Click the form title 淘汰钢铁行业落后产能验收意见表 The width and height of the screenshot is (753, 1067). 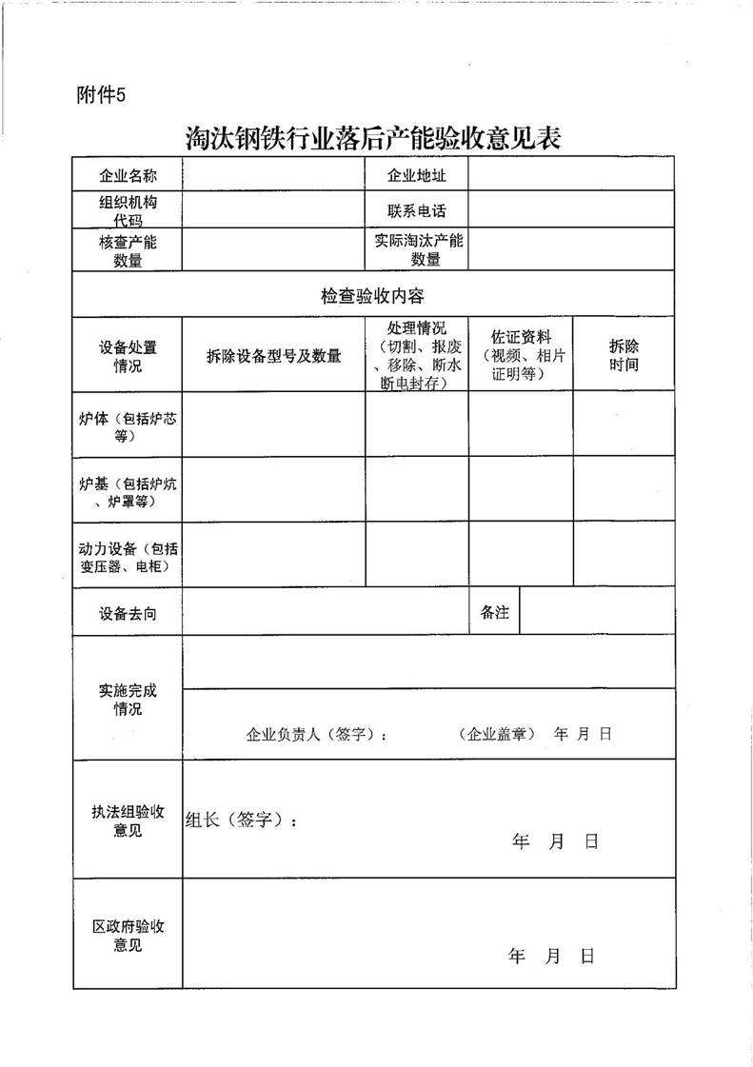tap(373, 139)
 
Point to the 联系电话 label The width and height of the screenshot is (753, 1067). tap(416, 211)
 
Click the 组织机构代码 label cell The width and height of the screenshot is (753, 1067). tap(128, 211)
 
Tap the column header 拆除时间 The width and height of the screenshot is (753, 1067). tap(624, 356)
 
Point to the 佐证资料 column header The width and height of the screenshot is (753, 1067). tap(520, 355)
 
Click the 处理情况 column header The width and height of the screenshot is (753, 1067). tap(417, 355)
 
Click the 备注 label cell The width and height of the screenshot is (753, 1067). tap(495, 613)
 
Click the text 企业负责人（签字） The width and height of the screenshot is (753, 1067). tap(317, 735)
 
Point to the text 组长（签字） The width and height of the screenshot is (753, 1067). tap(242, 820)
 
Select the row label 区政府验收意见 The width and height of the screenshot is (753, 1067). tap(128, 936)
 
